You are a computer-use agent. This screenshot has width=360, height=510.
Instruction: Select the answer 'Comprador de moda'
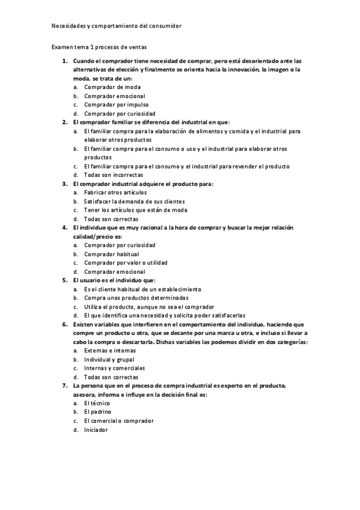coord(112,87)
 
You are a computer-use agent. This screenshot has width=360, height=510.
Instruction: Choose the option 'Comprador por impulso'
coord(117,105)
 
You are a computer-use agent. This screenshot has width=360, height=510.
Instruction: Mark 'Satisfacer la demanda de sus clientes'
coord(135,201)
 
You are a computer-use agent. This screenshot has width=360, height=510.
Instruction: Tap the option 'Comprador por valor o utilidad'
coord(126,263)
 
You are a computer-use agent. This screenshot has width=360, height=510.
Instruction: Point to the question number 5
coord(65,280)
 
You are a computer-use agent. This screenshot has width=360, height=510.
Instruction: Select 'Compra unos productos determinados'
coord(136,298)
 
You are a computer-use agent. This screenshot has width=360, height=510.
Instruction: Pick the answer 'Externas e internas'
coord(110,350)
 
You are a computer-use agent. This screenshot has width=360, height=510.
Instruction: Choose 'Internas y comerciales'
coord(115,368)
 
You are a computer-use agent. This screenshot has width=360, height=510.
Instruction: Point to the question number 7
coord(65,386)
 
